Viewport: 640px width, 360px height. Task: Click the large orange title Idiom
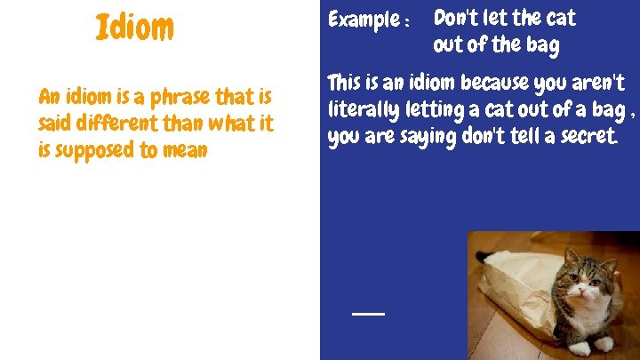point(134,28)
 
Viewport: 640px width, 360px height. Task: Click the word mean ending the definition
point(186,151)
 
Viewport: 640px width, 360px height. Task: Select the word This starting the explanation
point(344,84)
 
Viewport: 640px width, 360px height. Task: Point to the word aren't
point(599,84)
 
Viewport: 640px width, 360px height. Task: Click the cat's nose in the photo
point(580,294)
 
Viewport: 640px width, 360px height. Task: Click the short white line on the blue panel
point(368,314)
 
